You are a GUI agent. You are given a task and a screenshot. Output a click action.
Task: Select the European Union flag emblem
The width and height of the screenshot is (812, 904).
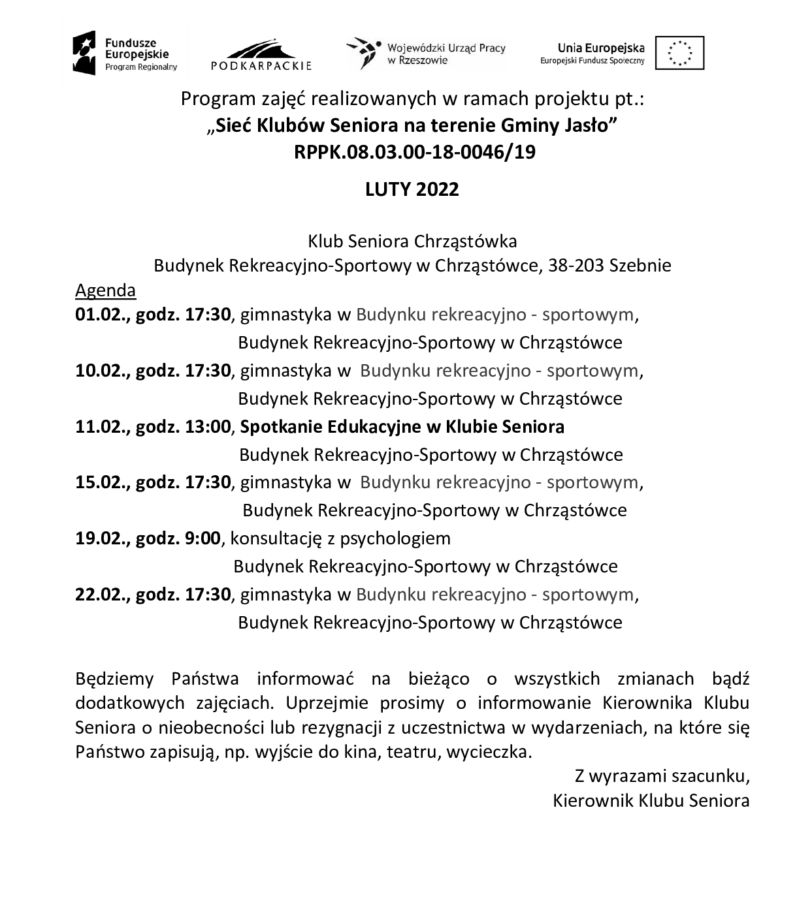click(679, 53)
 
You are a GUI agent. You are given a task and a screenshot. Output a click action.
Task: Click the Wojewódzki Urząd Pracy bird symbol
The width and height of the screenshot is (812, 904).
click(363, 53)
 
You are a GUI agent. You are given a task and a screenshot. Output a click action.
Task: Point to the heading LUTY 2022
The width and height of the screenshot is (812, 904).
click(412, 189)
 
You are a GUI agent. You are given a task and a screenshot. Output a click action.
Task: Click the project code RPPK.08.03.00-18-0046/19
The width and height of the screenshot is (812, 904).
click(414, 152)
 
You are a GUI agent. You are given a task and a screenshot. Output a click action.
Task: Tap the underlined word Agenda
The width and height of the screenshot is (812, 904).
click(105, 290)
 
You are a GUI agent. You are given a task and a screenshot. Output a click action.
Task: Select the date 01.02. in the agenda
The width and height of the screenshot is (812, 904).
click(101, 315)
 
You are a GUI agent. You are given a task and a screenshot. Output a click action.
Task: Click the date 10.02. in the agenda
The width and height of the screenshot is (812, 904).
click(101, 371)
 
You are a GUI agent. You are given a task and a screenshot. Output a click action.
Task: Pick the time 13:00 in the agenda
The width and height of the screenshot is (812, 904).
click(208, 427)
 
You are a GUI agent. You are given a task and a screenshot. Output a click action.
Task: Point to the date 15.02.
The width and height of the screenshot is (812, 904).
click(101, 482)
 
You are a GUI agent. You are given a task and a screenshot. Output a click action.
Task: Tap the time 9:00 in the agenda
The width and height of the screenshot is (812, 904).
click(203, 538)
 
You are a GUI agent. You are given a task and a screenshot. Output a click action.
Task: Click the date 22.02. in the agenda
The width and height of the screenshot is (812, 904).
click(101, 595)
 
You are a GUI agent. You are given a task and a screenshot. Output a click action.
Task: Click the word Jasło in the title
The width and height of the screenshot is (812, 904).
click(591, 125)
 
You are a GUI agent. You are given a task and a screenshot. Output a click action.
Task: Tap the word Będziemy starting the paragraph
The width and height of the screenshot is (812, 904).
click(114, 679)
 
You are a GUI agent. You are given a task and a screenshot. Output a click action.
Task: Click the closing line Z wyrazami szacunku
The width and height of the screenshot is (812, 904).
click(661, 776)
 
